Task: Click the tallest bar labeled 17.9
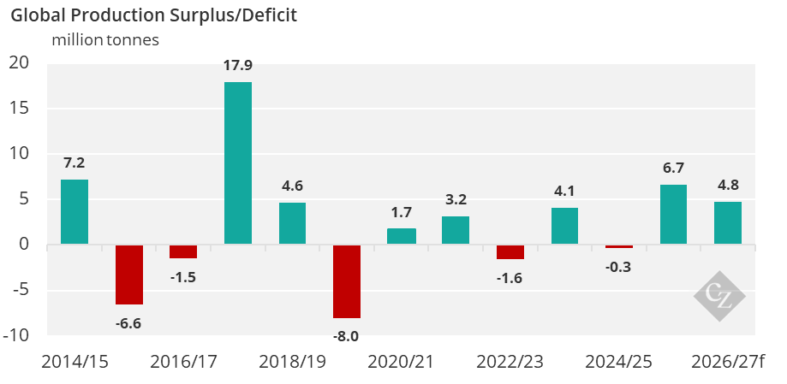(x=238, y=162)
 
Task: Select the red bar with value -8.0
(x=347, y=281)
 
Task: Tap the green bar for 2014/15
(x=75, y=211)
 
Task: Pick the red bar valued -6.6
(x=129, y=275)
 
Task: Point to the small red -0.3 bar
(x=619, y=246)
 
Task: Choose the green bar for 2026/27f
(x=728, y=222)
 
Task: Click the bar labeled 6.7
(x=673, y=214)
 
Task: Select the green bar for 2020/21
(x=402, y=236)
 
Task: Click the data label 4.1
(x=564, y=191)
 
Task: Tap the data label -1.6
(x=510, y=277)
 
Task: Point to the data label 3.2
(x=456, y=199)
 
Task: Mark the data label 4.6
(x=292, y=186)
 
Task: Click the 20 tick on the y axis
(x=20, y=62)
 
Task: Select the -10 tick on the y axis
(x=15, y=334)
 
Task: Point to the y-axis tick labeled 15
(x=20, y=108)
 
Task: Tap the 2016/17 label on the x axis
(x=182, y=362)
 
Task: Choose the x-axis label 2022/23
(x=510, y=362)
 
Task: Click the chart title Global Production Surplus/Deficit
(x=154, y=15)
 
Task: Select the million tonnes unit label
(x=105, y=39)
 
